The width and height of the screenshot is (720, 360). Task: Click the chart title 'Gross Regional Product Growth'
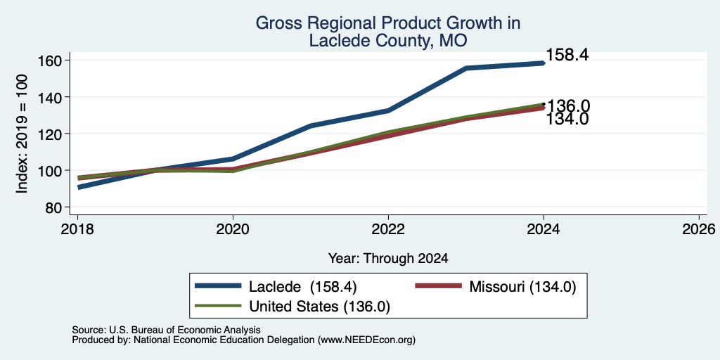point(387,23)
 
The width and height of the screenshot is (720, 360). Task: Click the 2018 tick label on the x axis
point(77,229)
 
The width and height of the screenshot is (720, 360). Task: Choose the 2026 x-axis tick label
point(699,229)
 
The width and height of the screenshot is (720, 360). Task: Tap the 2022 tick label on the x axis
point(388,229)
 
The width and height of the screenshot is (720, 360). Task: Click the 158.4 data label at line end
point(567,55)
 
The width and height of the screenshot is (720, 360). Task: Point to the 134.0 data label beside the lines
point(567,120)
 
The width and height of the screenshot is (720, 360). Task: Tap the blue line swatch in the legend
point(218,286)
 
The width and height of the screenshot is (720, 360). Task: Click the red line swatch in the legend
point(438,286)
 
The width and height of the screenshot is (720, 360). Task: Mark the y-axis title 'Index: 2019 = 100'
point(22,134)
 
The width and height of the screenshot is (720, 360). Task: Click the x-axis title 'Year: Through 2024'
point(388,259)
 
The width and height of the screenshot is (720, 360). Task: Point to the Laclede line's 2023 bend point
point(466,68)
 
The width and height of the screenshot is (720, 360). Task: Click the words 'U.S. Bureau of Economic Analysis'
point(185,330)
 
